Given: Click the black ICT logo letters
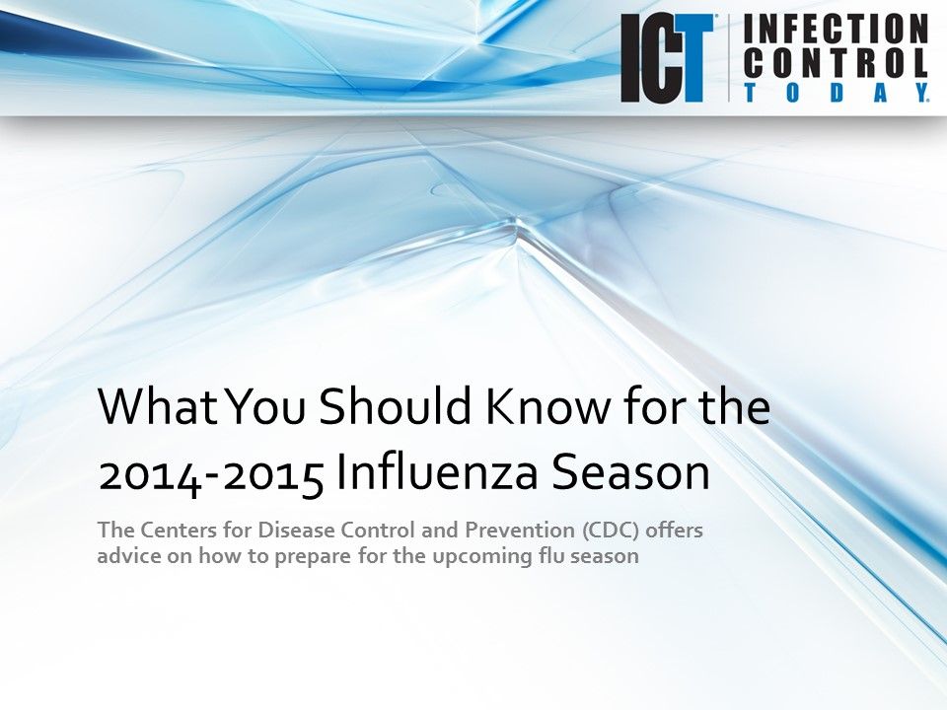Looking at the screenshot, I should (666, 59).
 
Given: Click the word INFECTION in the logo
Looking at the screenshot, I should (835, 29).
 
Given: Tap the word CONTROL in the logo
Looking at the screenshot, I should (835, 63).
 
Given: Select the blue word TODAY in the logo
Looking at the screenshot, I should (835, 93).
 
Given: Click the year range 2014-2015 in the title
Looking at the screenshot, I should (211, 473).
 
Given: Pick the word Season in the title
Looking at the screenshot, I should (631, 473).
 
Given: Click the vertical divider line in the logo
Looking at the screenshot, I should (728, 59).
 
